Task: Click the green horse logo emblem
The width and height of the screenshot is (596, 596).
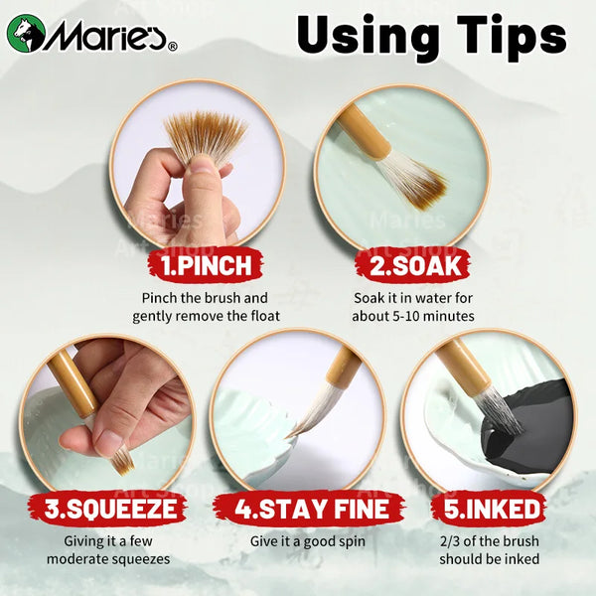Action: click(26, 34)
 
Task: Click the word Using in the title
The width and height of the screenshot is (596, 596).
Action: click(367, 36)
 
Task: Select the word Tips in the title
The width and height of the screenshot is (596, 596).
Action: click(512, 36)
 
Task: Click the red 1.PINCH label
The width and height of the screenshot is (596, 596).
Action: click(206, 265)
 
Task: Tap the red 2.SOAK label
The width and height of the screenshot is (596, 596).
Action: click(413, 265)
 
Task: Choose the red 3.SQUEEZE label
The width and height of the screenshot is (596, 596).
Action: click(108, 509)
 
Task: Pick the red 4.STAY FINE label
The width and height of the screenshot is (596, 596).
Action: click(309, 509)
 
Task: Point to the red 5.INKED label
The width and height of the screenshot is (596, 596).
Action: click(490, 509)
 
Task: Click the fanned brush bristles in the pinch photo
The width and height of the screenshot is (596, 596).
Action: click(206, 135)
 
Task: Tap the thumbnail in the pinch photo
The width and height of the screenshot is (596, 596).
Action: click(206, 167)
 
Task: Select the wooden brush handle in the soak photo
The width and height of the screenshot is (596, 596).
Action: click(362, 129)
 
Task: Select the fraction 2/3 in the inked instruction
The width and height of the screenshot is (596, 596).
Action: click(450, 541)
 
